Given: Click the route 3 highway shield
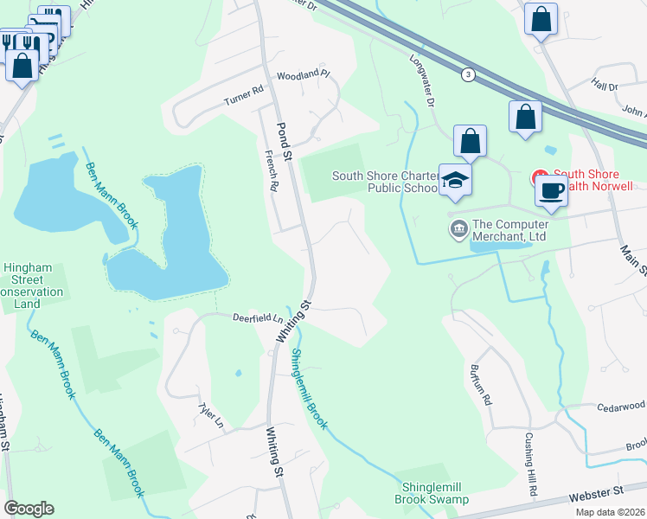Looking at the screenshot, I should [x=468, y=74].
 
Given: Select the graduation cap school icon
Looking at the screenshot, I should [x=456, y=181].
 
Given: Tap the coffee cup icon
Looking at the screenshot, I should [x=551, y=190].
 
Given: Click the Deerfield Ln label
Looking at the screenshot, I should [x=234, y=317].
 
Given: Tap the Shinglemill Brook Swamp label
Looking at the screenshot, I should [x=432, y=493].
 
